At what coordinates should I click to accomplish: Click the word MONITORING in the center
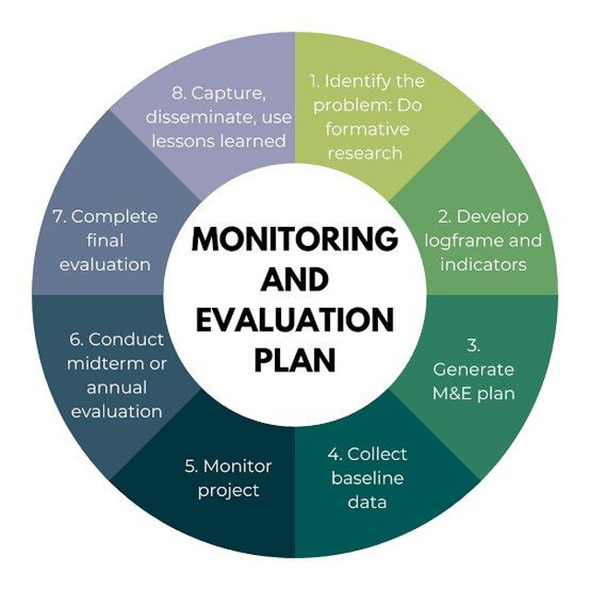coord(295,240)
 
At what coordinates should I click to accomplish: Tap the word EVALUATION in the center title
coord(295,320)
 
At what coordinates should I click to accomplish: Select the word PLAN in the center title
coord(295,360)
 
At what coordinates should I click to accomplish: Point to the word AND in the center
coord(295,279)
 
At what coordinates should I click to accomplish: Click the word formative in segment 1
coord(367,129)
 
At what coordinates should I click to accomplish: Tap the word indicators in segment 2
coord(483,265)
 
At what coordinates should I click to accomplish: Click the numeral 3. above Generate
coord(473,345)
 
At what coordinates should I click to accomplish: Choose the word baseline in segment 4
coord(368,478)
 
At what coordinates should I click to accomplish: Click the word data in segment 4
coord(367,501)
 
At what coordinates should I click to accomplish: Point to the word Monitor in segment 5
coord(238,466)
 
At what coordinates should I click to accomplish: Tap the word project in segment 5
coord(229,491)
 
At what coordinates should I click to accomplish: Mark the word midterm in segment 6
coord(100,363)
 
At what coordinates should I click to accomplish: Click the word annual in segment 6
coord(117,387)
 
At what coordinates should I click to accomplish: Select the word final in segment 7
coord(105,240)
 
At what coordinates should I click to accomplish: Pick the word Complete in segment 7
coord(114,218)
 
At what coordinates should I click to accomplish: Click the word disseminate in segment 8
coord(195,117)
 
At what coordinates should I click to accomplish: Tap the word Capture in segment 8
coord(229,94)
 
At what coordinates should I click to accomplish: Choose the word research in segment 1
coord(365,153)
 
